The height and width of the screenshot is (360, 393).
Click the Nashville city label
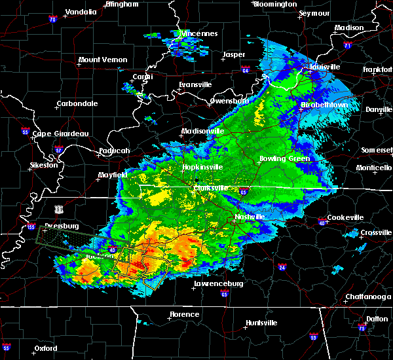click(250, 217)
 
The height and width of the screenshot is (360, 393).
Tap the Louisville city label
click(326, 67)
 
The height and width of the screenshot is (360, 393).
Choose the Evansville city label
click(196, 84)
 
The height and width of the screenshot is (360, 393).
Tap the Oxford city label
click(45, 348)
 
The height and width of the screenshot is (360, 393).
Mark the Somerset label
click(377, 150)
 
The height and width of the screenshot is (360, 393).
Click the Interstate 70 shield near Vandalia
click(52, 20)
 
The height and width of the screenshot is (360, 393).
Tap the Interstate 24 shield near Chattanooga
click(282, 267)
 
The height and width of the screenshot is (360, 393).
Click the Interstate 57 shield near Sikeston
click(58, 151)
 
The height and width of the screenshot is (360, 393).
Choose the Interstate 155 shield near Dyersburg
click(31, 227)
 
